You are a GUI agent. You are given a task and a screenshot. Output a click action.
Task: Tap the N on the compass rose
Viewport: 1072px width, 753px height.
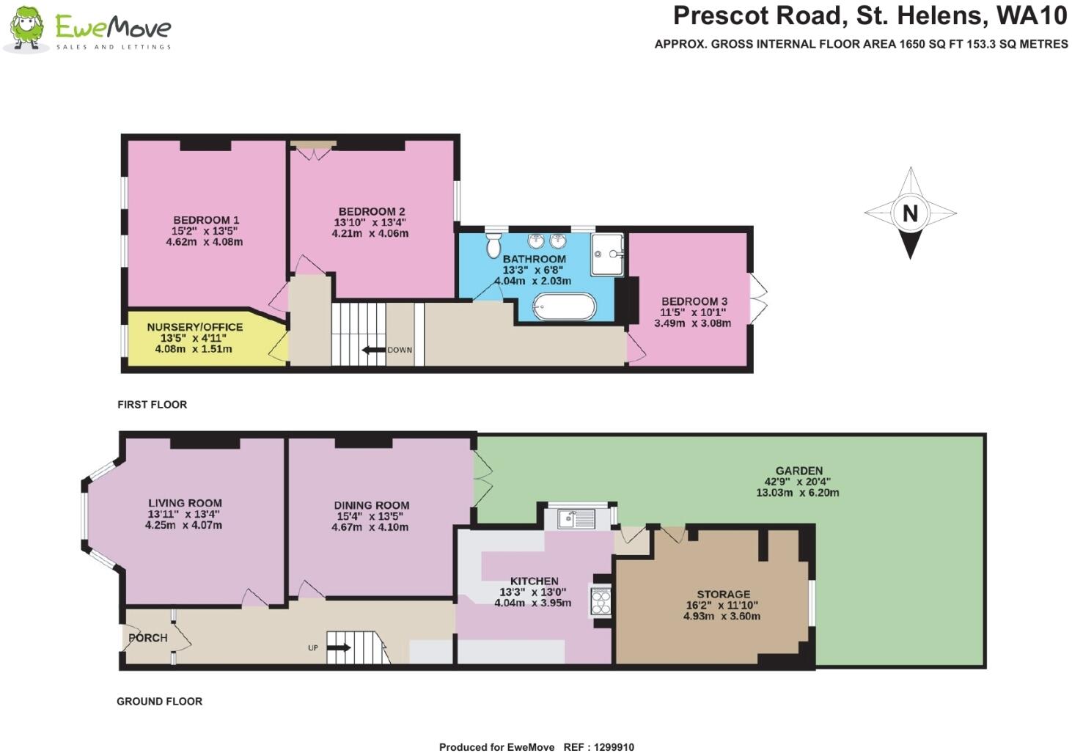tap(910, 213)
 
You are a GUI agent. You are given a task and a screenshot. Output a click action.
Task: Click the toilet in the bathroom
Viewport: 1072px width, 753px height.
tap(492, 246)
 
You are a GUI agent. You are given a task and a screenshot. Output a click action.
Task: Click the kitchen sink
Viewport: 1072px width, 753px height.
tap(576, 519)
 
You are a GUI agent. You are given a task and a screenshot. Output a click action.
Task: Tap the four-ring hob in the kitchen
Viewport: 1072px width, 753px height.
tap(601, 602)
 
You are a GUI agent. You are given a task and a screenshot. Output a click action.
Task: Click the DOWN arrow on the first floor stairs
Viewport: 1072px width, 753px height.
tap(375, 350)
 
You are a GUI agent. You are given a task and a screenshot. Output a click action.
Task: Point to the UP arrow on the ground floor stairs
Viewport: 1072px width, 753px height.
tap(338, 647)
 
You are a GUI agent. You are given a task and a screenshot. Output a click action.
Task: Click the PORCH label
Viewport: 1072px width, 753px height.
tap(148, 638)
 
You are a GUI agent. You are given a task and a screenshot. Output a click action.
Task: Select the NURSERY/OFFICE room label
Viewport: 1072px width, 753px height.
tap(194, 327)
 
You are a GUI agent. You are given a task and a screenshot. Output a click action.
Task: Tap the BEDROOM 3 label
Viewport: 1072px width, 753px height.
tap(694, 301)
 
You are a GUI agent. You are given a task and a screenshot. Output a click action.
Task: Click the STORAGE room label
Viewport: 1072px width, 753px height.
tap(723, 594)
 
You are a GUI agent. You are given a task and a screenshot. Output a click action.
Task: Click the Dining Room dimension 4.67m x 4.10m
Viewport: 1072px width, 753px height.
tap(371, 527)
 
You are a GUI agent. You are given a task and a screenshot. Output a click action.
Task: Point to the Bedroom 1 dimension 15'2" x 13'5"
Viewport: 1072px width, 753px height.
tap(205, 231)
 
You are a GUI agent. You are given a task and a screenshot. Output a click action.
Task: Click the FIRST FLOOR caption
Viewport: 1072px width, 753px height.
tap(152, 405)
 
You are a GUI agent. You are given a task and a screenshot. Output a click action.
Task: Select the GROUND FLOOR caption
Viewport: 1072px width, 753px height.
tap(159, 702)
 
